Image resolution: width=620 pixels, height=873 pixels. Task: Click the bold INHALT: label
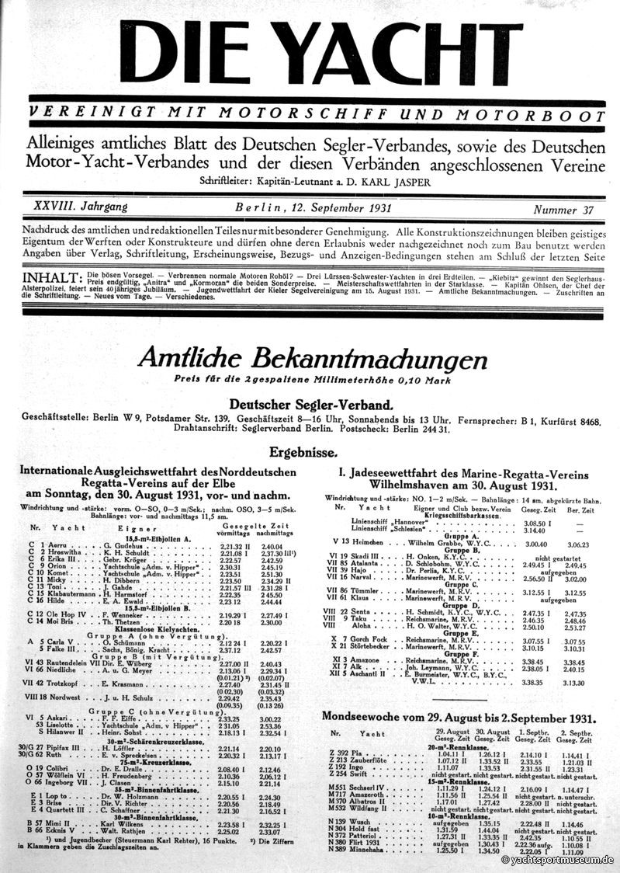click(52, 277)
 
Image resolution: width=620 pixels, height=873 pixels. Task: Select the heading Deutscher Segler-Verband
click(312, 405)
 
